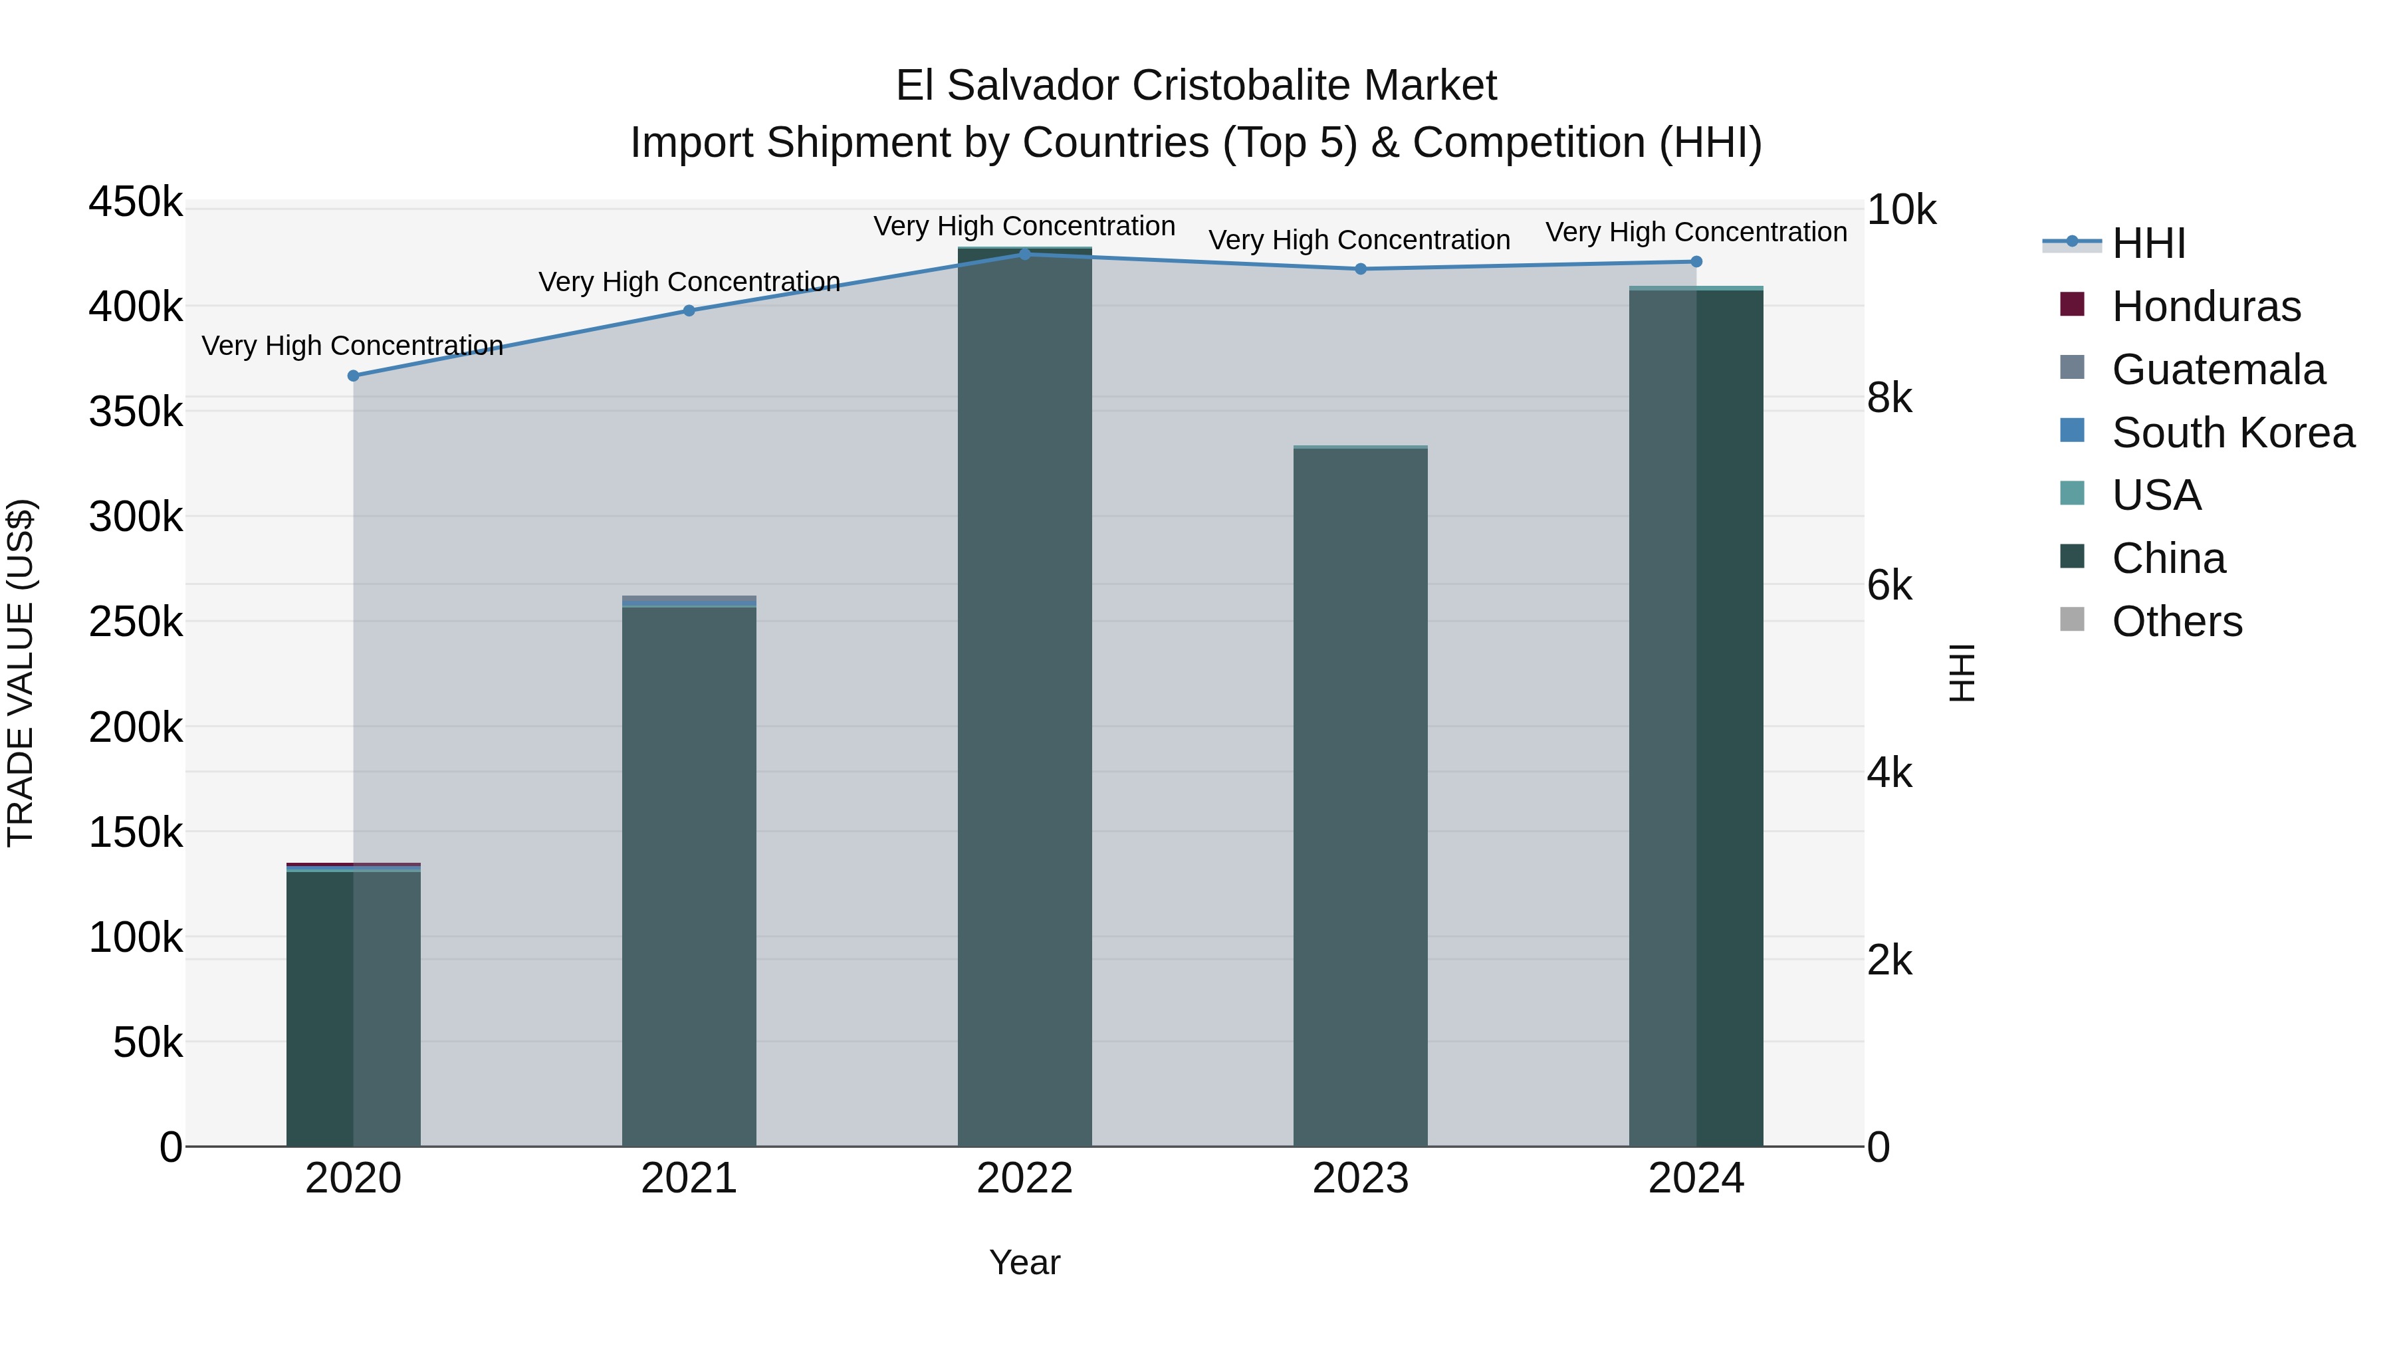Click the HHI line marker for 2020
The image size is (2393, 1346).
[353, 376]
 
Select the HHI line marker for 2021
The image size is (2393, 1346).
[689, 311]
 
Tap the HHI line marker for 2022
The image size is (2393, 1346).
[1024, 255]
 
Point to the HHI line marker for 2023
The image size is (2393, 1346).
[1361, 269]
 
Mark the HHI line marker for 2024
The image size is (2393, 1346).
[1696, 262]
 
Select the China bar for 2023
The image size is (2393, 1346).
[1361, 799]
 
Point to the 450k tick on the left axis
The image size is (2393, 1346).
[136, 203]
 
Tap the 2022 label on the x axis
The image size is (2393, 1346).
[1024, 1178]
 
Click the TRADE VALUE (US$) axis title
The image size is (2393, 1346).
[21, 673]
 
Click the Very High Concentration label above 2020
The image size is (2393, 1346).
[353, 346]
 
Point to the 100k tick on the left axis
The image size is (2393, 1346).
[136, 938]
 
